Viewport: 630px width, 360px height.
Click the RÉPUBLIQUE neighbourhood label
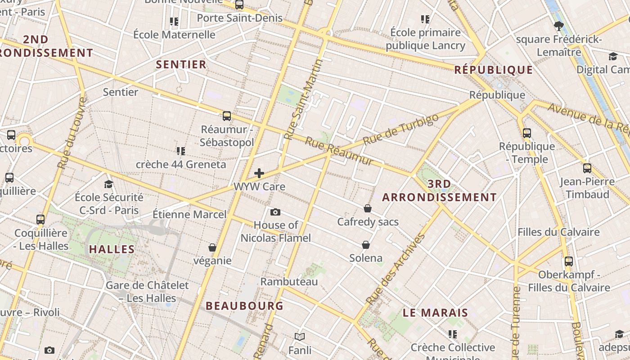(x=494, y=70)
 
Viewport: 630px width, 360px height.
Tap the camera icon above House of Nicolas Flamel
(x=275, y=212)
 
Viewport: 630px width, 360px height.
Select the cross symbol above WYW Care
(x=259, y=173)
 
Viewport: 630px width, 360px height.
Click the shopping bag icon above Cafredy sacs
(x=368, y=208)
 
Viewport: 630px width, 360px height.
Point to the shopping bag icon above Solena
(x=366, y=245)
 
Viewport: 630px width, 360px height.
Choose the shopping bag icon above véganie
(x=212, y=247)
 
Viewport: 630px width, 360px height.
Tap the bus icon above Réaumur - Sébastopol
(x=227, y=116)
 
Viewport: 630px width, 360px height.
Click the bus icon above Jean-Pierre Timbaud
(x=587, y=168)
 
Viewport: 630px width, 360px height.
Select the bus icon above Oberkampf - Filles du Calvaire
(x=569, y=261)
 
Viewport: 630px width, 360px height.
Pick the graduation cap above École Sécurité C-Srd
(x=108, y=184)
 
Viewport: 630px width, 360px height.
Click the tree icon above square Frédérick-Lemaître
(x=559, y=26)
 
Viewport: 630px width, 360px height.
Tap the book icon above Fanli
(x=300, y=337)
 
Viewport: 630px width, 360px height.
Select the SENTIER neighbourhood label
(x=181, y=64)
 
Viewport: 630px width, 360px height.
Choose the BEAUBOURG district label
(x=244, y=306)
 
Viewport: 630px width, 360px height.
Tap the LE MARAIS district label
(x=435, y=313)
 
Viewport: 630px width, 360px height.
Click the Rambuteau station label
(x=289, y=282)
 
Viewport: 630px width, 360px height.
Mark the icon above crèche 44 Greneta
(x=181, y=151)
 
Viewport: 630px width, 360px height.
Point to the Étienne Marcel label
(x=189, y=214)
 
